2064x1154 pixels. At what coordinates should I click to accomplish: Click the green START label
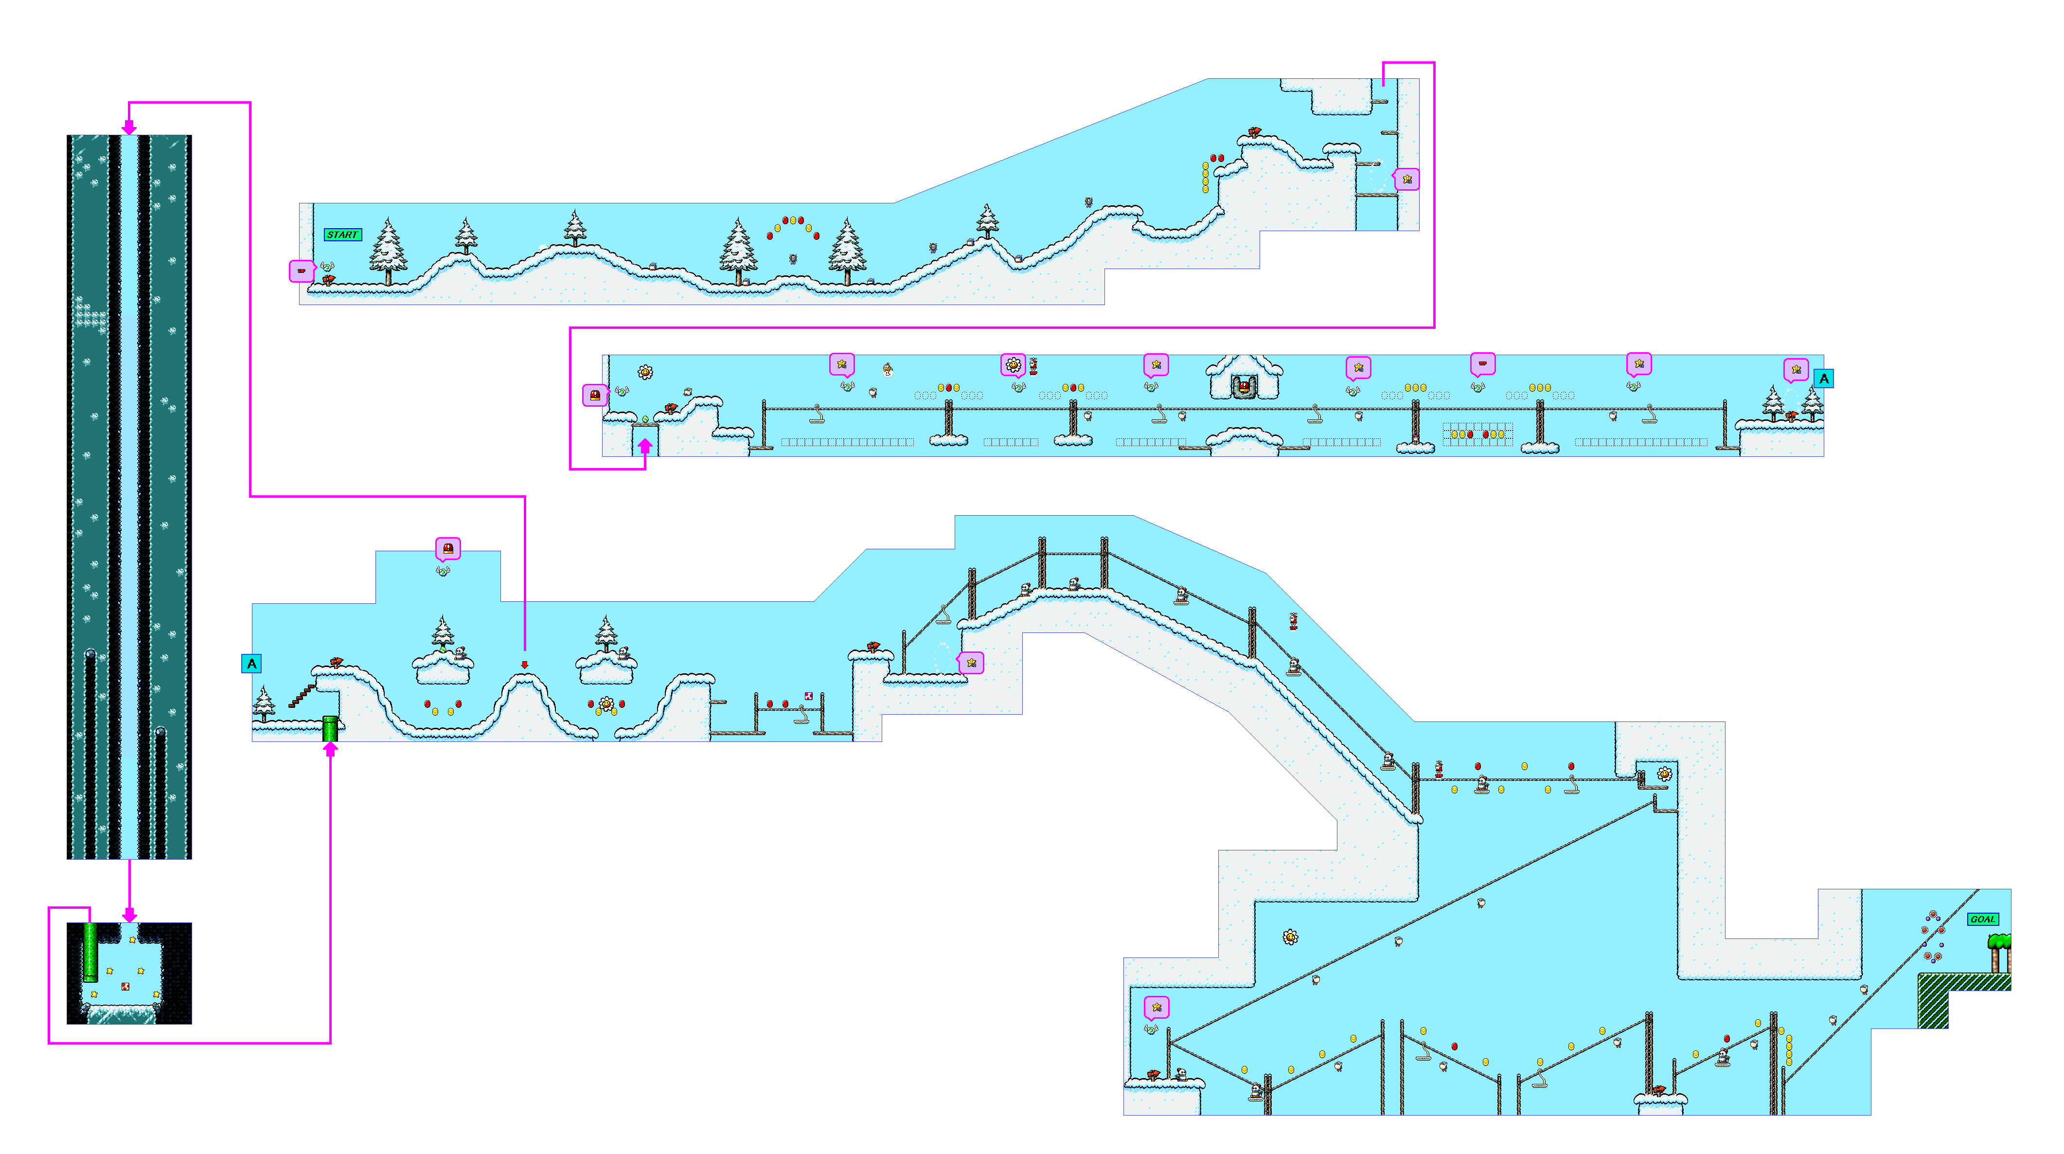(342, 235)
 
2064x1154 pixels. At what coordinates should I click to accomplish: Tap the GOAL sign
(1982, 919)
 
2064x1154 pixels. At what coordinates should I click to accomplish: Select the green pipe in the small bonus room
(90, 952)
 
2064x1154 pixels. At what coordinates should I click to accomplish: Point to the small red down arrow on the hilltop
(525, 665)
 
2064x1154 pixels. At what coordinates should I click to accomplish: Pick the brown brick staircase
(301, 696)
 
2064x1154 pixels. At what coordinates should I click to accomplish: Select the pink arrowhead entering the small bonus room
(129, 915)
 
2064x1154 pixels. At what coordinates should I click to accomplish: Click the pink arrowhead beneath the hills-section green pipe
(330, 749)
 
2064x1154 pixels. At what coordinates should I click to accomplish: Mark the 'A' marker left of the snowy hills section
(251, 664)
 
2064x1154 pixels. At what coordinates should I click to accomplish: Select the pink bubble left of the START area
(301, 271)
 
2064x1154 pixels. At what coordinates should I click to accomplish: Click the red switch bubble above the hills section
(448, 549)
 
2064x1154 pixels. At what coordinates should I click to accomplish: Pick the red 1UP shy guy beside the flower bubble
(1033, 367)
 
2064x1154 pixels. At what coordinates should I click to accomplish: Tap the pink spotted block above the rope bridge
(808, 696)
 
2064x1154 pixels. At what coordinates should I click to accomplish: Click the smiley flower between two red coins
(606, 704)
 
